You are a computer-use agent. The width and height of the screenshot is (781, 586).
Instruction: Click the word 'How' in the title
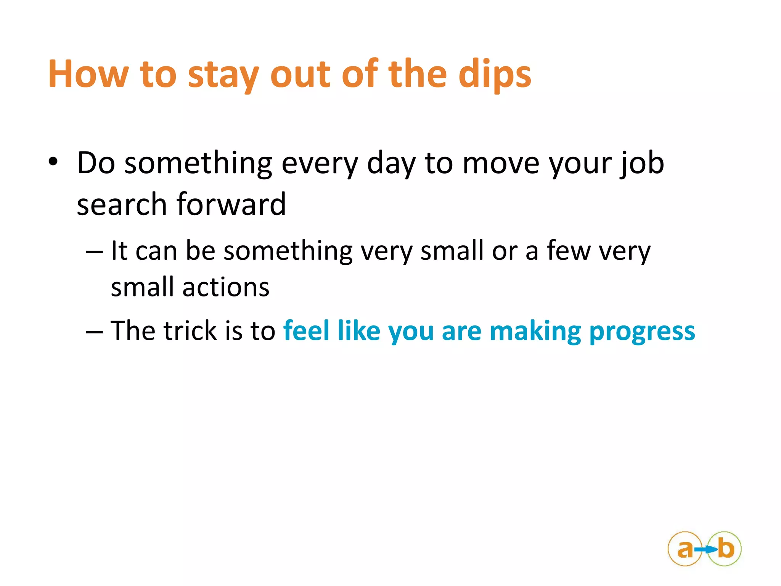88,74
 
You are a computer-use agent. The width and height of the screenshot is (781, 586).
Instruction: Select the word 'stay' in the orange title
223,76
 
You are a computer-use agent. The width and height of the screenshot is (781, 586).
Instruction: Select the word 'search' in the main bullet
122,204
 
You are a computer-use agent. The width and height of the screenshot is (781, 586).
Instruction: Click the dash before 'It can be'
94,252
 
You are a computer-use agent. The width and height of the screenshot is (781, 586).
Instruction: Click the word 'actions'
226,287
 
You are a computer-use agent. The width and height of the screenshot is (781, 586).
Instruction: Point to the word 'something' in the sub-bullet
288,252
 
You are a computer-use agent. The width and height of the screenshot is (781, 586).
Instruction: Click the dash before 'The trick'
94,332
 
